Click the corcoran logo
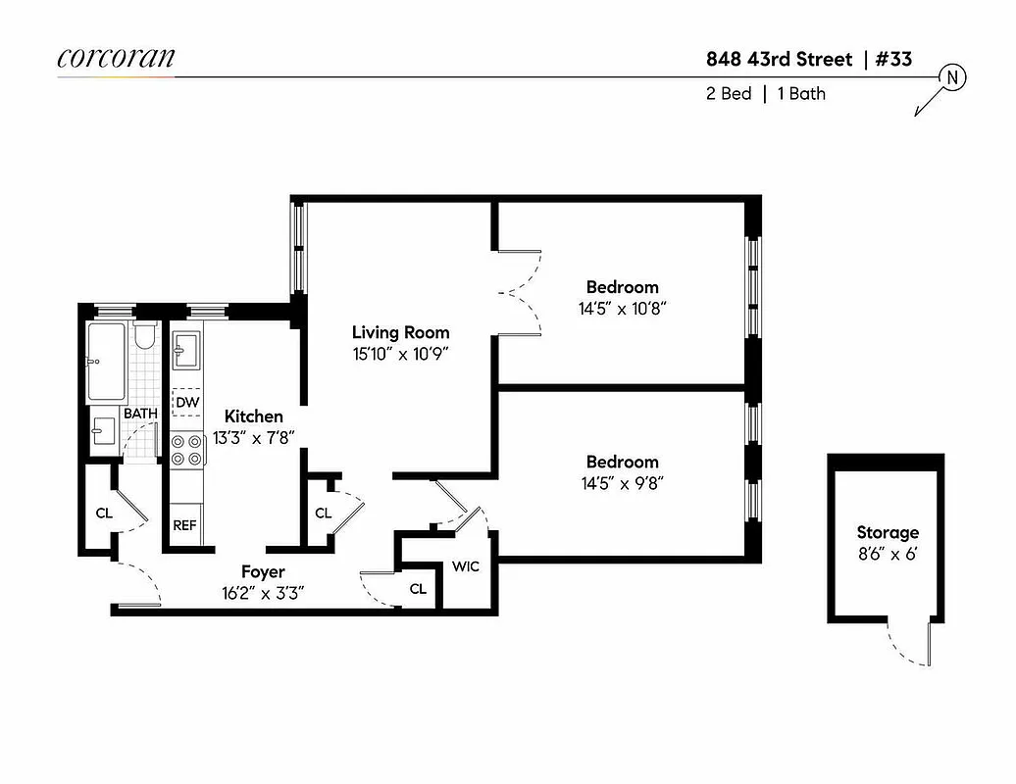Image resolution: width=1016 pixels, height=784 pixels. (116, 58)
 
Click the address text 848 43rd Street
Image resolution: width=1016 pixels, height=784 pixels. (780, 59)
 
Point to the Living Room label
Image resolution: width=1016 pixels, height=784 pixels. (400, 332)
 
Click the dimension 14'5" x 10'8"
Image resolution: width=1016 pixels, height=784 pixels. (623, 308)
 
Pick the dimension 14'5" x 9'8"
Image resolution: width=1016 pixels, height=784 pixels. (623, 482)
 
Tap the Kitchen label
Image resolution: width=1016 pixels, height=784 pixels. (254, 416)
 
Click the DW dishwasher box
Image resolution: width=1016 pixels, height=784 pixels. (186, 403)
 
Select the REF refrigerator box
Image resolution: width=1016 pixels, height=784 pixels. (185, 525)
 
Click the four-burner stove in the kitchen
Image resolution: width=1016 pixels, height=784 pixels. (186, 449)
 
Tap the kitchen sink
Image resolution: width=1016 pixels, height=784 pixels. (186, 350)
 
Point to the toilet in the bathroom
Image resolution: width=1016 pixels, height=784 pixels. (146, 337)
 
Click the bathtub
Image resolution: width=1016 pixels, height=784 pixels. (107, 362)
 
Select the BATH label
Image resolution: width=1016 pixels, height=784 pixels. (140, 414)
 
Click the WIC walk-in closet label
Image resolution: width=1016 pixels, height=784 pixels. (465, 567)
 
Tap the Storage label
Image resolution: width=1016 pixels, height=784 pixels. (888, 532)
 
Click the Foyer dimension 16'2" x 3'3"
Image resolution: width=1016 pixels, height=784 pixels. (262, 592)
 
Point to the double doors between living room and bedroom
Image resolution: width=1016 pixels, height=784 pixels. (518, 291)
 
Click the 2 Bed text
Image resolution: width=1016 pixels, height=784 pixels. (729, 94)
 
